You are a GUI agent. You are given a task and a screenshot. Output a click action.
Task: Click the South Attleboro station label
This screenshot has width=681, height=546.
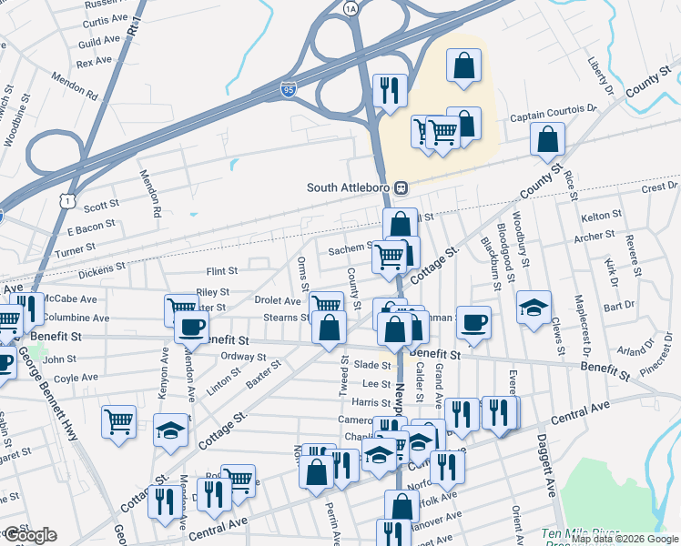[x=349, y=188]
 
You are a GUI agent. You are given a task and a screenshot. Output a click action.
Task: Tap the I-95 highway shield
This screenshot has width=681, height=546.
[x=287, y=93]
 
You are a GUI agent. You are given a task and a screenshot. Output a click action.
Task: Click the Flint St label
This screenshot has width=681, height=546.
[x=221, y=271]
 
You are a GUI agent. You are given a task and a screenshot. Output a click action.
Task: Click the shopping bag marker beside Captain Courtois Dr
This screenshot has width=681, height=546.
[x=548, y=139]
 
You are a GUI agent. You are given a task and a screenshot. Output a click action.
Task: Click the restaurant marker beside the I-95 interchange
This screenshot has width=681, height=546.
[x=390, y=90]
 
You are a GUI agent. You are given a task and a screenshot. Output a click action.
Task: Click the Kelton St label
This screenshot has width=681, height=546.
[x=601, y=215]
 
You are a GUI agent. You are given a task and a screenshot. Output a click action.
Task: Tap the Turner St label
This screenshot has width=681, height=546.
[x=75, y=250]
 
